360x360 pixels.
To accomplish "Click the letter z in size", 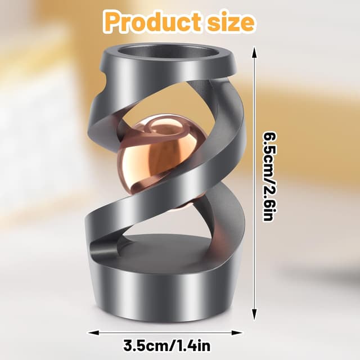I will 231,23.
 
